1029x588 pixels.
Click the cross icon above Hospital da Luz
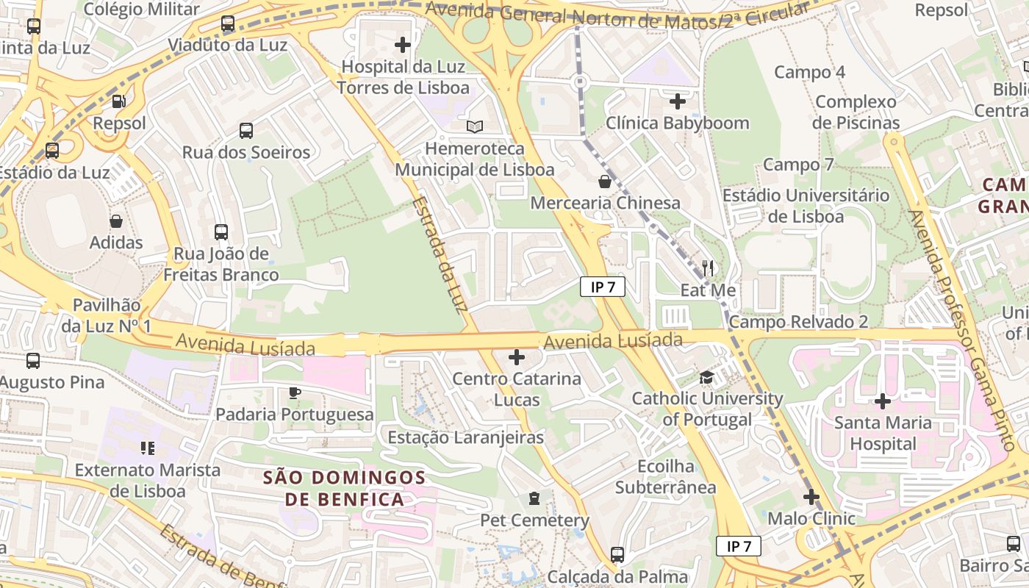coord(403,45)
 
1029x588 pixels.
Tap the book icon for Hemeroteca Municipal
coord(475,127)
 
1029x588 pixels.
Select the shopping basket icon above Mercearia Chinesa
coord(605,181)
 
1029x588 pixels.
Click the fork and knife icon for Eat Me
coord(708,268)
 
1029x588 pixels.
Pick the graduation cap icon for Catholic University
coord(706,377)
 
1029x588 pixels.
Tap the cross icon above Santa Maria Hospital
coord(883,401)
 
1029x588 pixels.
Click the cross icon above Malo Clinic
coord(811,498)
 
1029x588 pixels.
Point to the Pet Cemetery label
coord(534,520)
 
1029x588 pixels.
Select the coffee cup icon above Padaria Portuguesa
coord(295,392)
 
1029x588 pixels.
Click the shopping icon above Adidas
coord(116,220)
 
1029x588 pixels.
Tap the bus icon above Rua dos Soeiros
coord(246,131)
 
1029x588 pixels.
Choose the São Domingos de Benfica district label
coord(345,489)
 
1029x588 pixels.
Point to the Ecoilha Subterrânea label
coord(665,477)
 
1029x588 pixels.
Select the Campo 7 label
coord(798,165)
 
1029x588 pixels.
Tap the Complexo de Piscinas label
coord(856,112)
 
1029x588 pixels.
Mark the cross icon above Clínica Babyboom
coord(678,101)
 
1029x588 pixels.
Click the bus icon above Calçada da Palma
coord(617,555)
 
